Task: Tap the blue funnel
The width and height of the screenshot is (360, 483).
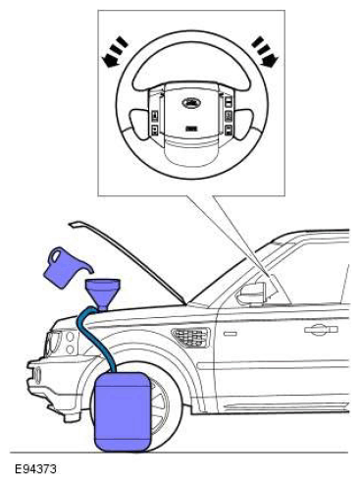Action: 103,292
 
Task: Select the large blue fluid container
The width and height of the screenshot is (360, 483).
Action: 123,411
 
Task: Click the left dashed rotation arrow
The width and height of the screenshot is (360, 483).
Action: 115,52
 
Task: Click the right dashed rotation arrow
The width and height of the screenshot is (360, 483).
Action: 265,51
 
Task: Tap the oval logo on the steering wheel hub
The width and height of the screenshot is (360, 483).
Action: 191,103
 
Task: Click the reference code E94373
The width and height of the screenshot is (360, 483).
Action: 35,469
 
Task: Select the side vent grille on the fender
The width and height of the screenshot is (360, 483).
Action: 191,336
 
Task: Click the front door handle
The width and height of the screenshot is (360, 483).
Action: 321,330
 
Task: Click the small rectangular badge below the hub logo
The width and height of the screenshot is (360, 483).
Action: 191,129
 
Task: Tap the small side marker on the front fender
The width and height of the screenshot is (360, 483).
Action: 231,334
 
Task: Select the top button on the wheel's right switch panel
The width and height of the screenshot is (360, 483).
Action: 229,100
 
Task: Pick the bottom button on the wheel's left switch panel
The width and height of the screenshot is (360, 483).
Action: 155,130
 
